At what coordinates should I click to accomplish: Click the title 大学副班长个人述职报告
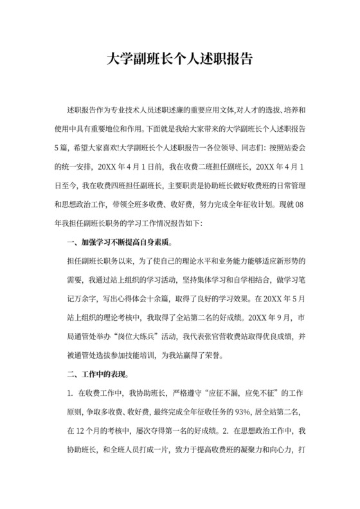point(179,60)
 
